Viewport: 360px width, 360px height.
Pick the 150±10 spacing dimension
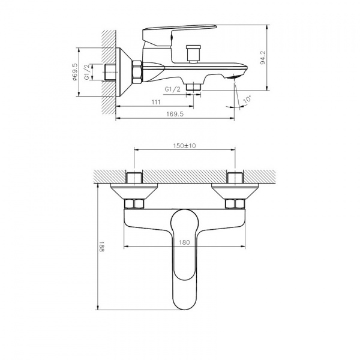186,145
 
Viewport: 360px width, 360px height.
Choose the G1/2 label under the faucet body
173,89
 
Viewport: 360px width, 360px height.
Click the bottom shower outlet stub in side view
193,87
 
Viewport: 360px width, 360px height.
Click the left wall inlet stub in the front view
135,179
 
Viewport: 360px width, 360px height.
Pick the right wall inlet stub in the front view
235,179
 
